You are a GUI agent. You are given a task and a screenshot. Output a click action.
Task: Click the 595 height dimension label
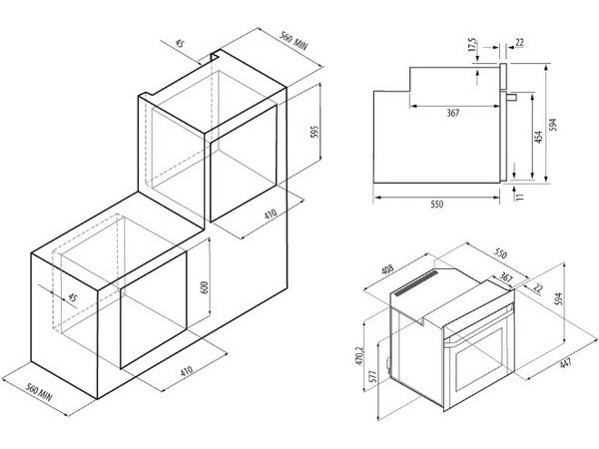(x=314, y=132)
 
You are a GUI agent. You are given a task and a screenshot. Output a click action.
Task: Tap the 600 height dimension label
(x=205, y=287)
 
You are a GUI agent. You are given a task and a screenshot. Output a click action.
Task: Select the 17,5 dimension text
(x=472, y=44)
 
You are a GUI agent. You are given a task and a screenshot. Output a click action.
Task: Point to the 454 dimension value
(x=539, y=137)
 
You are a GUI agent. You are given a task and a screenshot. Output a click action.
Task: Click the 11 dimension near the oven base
(x=520, y=197)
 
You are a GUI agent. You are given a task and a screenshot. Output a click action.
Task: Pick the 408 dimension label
(x=387, y=269)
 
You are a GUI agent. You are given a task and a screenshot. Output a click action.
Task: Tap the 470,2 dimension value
(x=359, y=356)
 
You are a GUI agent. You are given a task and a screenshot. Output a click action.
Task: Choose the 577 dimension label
(x=373, y=377)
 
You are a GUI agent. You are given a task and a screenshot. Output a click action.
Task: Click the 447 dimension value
(x=566, y=362)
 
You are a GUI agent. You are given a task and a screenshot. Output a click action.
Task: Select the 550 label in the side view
(x=437, y=205)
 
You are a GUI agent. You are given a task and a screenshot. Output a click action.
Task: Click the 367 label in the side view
(x=452, y=113)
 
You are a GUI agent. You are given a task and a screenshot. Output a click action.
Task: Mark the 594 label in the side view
(x=553, y=125)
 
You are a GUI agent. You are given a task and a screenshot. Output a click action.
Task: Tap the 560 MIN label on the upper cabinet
(x=294, y=41)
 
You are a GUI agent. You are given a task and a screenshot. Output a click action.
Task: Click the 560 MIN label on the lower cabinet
(x=38, y=392)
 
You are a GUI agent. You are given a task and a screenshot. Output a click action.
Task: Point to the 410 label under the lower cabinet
(x=186, y=371)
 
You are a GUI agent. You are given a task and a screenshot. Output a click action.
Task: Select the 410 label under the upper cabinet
(x=271, y=215)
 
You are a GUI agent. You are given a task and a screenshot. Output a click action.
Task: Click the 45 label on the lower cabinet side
(x=72, y=297)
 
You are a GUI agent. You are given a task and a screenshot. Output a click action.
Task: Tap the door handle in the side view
(x=511, y=97)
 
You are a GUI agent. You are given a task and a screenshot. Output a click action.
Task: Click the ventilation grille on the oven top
(x=416, y=283)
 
